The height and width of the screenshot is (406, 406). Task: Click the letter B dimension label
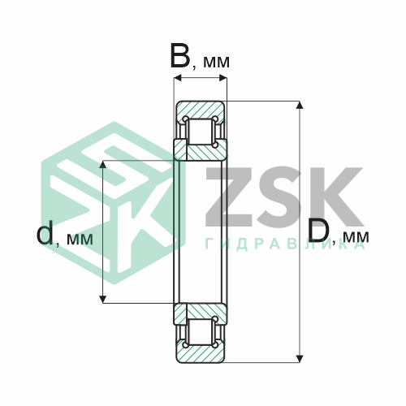[179, 56]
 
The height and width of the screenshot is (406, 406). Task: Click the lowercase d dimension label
[45, 232]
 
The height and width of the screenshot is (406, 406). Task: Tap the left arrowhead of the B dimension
[177, 78]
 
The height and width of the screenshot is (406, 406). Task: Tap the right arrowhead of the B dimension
[223, 78]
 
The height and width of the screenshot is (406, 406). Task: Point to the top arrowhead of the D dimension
[299, 105]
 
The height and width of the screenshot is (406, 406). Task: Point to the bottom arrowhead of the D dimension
[299, 359]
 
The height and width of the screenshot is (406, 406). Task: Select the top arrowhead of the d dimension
[102, 164]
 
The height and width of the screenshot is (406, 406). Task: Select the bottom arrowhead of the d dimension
[102, 300]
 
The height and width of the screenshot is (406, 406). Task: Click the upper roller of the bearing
[201, 132]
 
